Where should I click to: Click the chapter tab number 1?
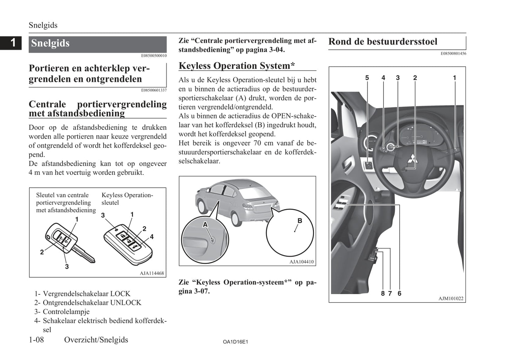coord(13,43)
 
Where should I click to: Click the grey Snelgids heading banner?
coord(98,44)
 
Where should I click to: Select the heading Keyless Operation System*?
coord(237,66)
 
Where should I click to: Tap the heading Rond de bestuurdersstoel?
coord(383,42)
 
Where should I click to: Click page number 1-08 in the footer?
coord(36,340)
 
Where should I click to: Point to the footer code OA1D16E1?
coord(235,342)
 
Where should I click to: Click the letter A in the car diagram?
coord(205,225)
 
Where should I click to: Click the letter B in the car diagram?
coord(300,221)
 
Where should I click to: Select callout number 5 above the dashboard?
coord(367,78)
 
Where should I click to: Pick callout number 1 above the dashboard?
coord(454,78)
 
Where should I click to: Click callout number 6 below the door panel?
coord(399,293)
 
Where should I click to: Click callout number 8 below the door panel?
coord(383,293)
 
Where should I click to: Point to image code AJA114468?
coord(152,273)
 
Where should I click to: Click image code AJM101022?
coord(451,299)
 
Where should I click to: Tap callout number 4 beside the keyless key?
coord(152,237)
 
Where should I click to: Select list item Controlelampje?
coord(66,312)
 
